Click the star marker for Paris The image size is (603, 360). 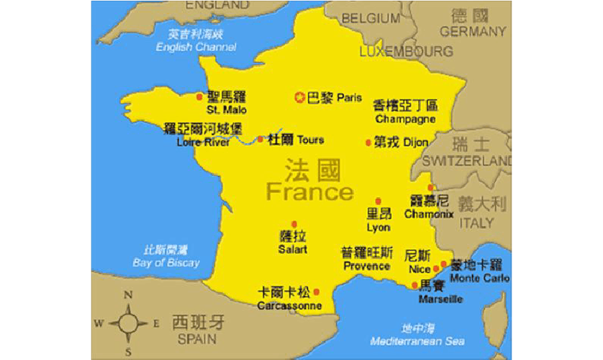point(300,97)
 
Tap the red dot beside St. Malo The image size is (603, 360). point(199,96)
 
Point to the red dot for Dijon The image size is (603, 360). point(368,143)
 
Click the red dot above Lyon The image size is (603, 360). point(378,202)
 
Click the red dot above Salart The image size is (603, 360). point(294,225)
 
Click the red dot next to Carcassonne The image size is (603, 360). point(317,292)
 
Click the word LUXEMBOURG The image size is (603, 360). point(406,52)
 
